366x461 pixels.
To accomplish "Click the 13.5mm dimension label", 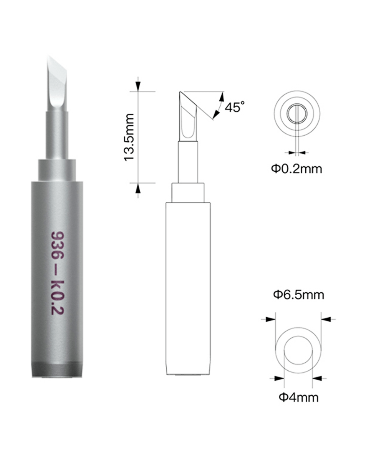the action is pos(129,137).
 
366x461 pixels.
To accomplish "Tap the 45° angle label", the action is pos(235,107).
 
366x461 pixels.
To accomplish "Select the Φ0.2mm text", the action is pos(296,169).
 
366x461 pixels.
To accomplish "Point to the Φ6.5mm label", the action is pos(298,295).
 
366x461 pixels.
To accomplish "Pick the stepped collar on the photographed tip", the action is pos(57,170).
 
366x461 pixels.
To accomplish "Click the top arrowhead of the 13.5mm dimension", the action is pos(138,86).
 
